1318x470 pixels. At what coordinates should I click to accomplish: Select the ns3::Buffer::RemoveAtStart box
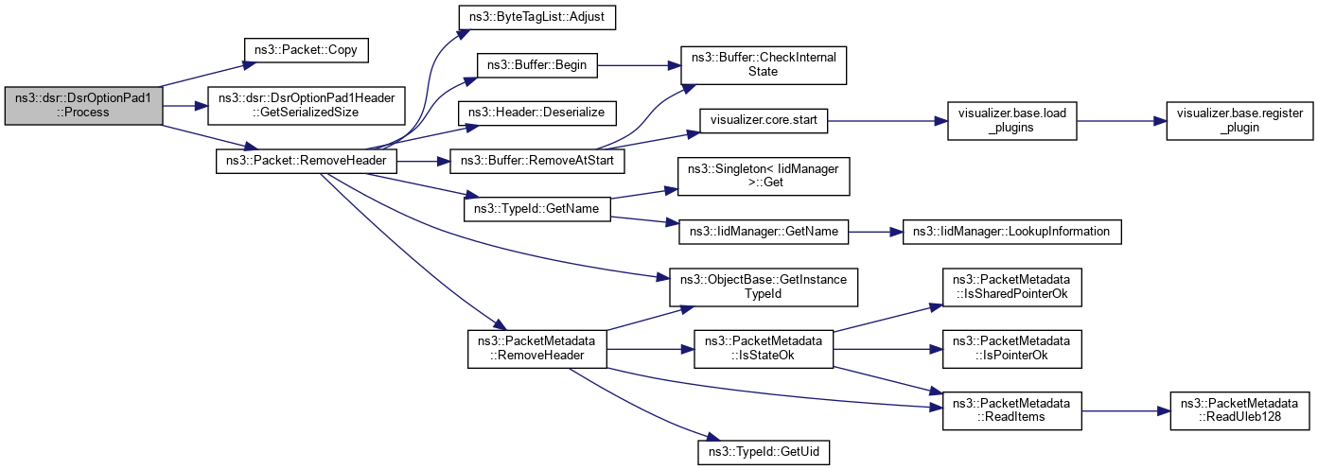pos(536,161)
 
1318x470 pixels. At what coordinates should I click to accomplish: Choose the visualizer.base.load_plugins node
pos(1011,121)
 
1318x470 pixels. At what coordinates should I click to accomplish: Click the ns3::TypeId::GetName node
pos(536,208)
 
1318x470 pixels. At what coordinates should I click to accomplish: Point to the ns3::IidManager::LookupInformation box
pos(1012,231)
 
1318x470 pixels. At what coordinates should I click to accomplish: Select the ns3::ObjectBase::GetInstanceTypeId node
pos(763,287)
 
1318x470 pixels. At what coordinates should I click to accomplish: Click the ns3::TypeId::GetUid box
pos(763,452)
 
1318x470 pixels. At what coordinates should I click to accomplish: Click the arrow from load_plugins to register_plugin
pos(1120,121)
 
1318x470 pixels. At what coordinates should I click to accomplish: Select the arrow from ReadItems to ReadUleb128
pos(1125,411)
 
